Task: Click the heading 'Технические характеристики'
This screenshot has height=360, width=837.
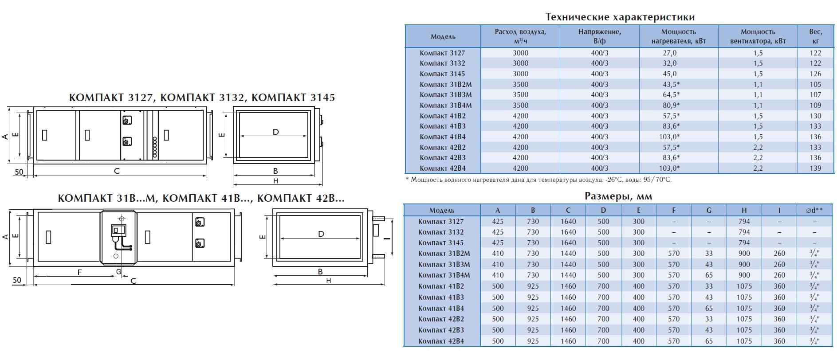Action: click(620, 17)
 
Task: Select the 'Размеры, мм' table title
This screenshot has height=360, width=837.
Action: click(618, 196)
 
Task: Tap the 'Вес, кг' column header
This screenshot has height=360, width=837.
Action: click(816, 36)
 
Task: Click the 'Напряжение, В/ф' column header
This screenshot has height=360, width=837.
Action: click(600, 36)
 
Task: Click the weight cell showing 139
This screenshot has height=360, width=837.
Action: click(815, 168)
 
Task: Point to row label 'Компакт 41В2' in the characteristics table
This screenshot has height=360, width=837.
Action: click(442, 116)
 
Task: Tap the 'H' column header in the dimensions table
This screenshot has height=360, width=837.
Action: click(744, 210)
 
